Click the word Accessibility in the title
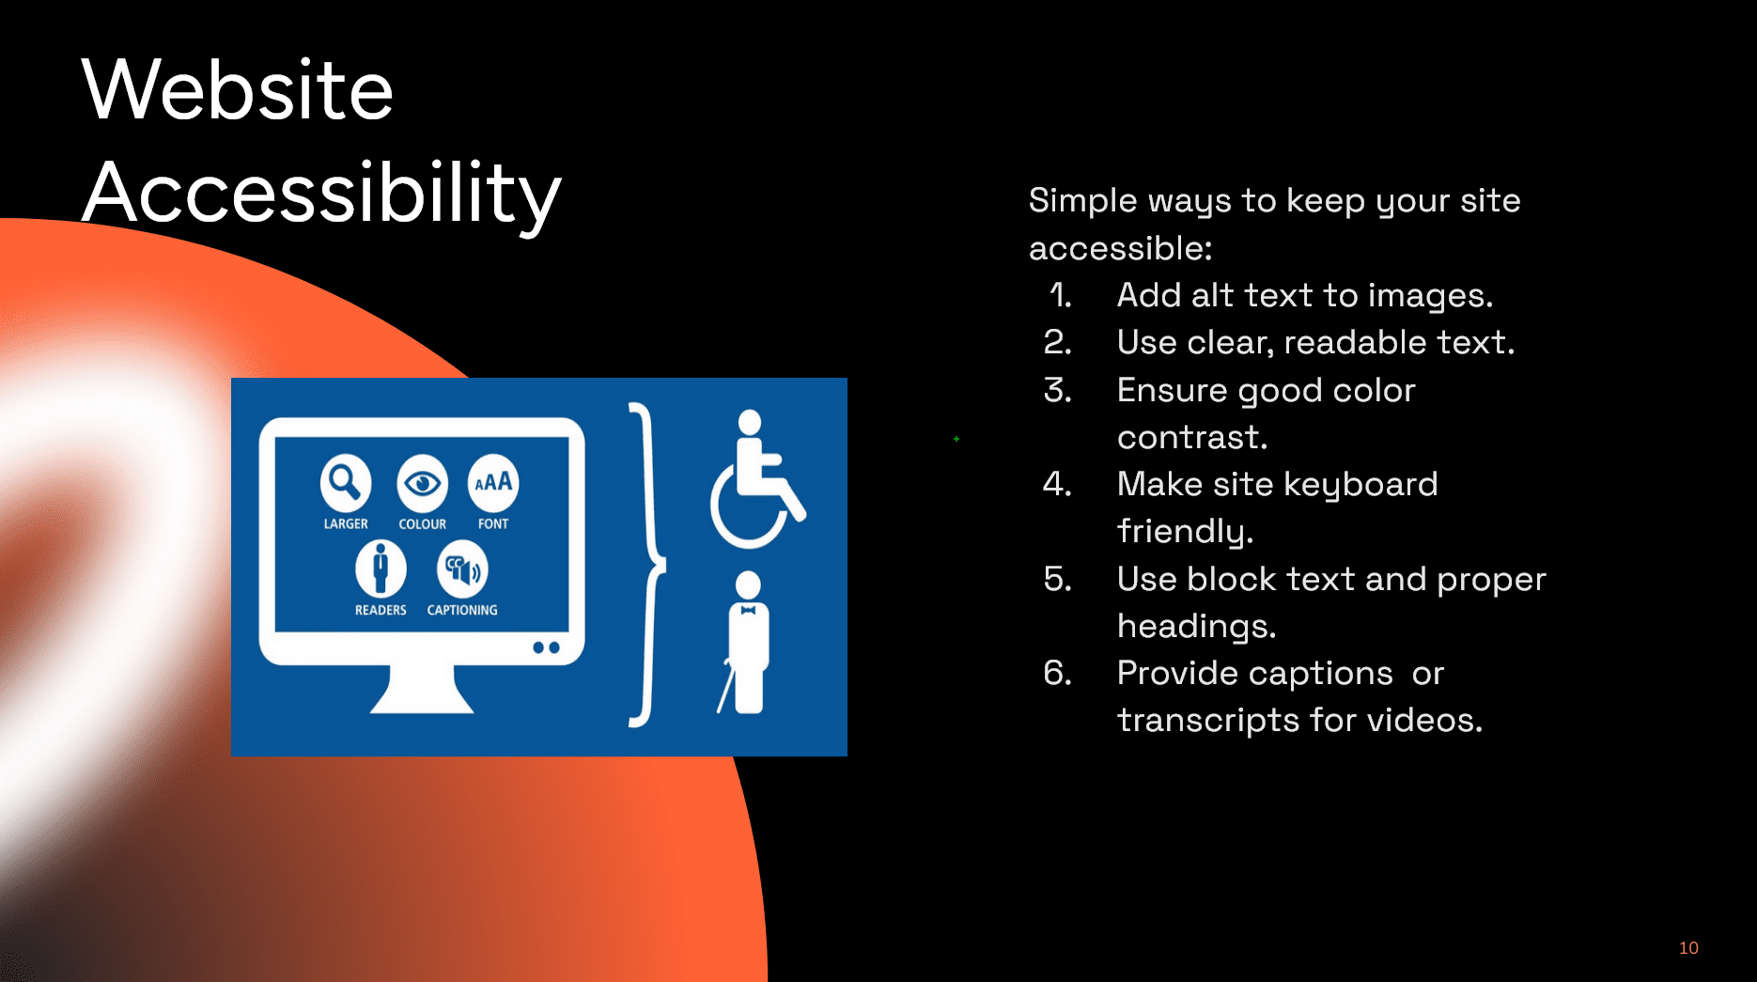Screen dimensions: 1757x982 tap(322, 194)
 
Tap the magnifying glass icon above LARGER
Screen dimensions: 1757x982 tap(346, 483)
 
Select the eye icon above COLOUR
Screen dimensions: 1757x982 tap(422, 483)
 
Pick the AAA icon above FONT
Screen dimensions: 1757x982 tap(493, 483)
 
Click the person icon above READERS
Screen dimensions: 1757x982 tap(381, 569)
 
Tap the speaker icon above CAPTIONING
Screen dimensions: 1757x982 tap(462, 569)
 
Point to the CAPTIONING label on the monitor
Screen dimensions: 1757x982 tap(462, 610)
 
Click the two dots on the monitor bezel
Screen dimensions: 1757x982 tap(546, 647)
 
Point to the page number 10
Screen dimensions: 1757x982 tap(1688, 947)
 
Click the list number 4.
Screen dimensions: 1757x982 tap(1057, 484)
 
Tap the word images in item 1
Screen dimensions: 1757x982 tap(1430, 297)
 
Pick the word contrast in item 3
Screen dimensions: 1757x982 tap(1192, 438)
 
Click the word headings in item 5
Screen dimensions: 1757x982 tap(1196, 626)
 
